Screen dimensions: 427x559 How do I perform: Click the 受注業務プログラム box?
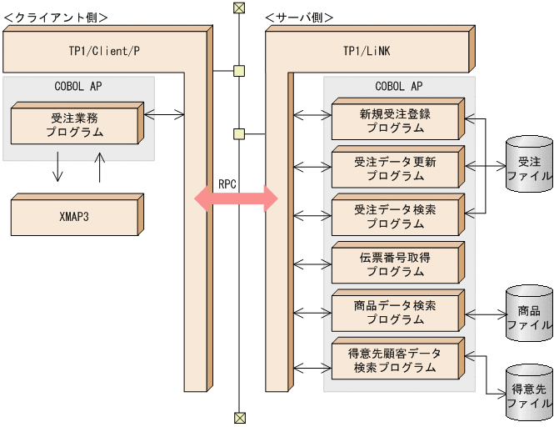pyautogui.click(x=74, y=125)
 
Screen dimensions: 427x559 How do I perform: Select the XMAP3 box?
pyautogui.click(x=74, y=215)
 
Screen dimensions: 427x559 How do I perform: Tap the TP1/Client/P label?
pyautogui.click(x=103, y=51)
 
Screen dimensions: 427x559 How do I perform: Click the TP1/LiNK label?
pyautogui.click(x=366, y=51)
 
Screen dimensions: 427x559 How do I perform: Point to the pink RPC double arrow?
pyautogui.click(x=236, y=198)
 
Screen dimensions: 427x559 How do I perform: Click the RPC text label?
pyautogui.click(x=227, y=183)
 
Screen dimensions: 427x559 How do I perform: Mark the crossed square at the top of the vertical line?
pyautogui.click(x=239, y=8)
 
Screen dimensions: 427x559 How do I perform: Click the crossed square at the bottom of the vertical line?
pyautogui.click(x=239, y=417)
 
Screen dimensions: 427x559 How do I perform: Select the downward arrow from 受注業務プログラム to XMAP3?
pyautogui.click(x=57, y=167)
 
